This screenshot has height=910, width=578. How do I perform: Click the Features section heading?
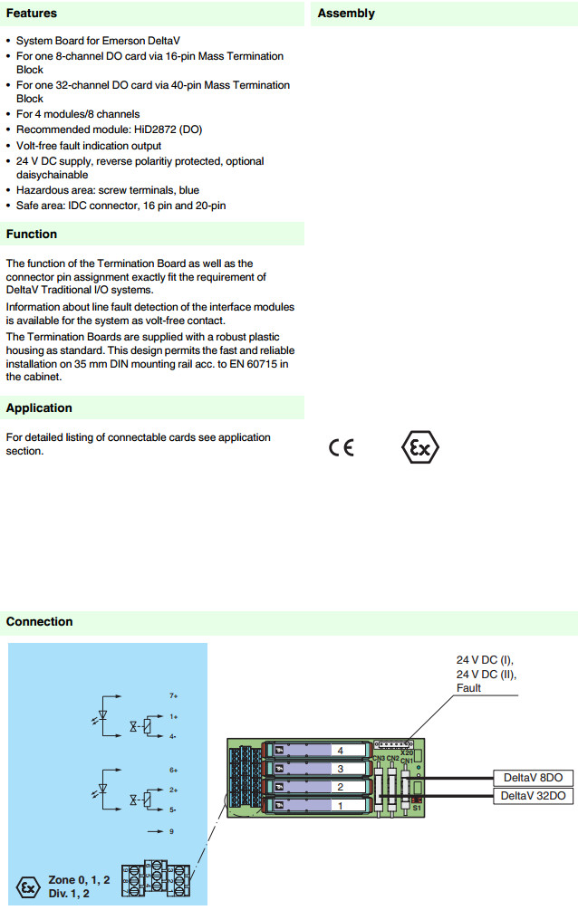tap(32, 14)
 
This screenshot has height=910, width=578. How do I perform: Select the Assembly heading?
tap(346, 14)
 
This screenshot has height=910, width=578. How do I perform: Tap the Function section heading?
tap(32, 234)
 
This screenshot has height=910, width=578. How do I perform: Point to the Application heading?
tap(39, 408)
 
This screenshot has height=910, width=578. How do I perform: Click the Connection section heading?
tap(39, 621)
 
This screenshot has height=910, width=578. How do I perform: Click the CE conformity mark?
tap(342, 448)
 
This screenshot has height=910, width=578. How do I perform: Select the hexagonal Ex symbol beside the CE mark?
tap(419, 448)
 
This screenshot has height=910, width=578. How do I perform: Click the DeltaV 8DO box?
tap(534, 778)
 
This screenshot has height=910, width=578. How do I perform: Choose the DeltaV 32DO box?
tap(534, 796)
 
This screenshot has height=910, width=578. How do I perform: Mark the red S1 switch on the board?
tap(417, 800)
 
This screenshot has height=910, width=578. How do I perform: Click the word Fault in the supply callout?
tap(469, 688)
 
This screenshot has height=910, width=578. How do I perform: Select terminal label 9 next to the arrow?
tap(172, 829)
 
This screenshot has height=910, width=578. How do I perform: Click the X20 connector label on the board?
tap(407, 752)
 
